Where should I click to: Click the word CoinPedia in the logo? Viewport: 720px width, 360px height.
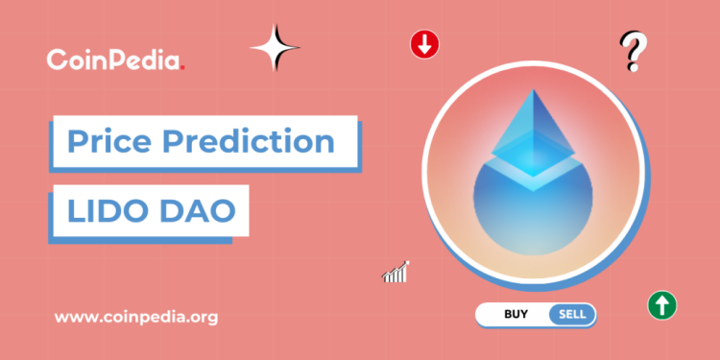112,60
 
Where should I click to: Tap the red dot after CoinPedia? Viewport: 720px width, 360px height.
182,67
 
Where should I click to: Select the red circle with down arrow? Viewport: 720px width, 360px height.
423,44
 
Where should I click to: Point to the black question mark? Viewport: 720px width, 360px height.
631,48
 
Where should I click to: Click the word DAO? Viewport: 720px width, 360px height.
196,209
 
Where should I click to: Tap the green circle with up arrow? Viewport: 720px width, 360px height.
662,306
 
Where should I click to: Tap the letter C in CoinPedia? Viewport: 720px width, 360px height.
57,60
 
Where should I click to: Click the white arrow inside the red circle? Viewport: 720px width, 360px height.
423,44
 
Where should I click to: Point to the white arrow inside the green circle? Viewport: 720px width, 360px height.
662,306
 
